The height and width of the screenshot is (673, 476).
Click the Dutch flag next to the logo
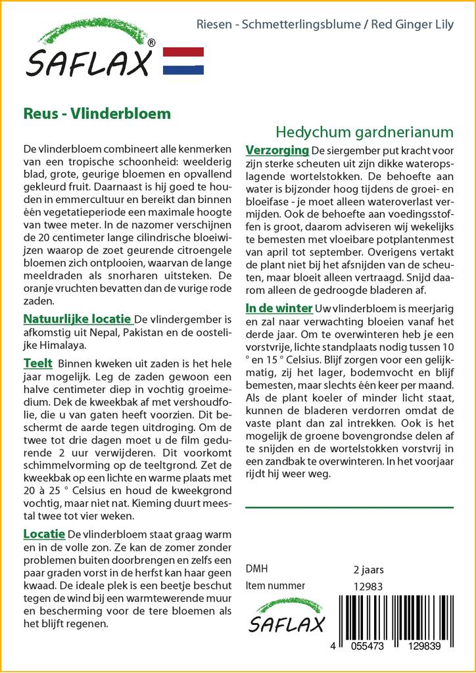183,61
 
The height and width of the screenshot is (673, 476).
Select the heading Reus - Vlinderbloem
97,113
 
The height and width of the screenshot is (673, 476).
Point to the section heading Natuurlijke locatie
77,319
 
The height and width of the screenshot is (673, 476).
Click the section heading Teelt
38,363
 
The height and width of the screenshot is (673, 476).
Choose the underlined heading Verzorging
277,150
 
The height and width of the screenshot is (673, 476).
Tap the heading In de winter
278,308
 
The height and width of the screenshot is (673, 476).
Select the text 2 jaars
368,569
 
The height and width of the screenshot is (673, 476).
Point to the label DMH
256,569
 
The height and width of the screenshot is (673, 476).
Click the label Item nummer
275,586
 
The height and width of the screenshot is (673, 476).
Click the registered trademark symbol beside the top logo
152,43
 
